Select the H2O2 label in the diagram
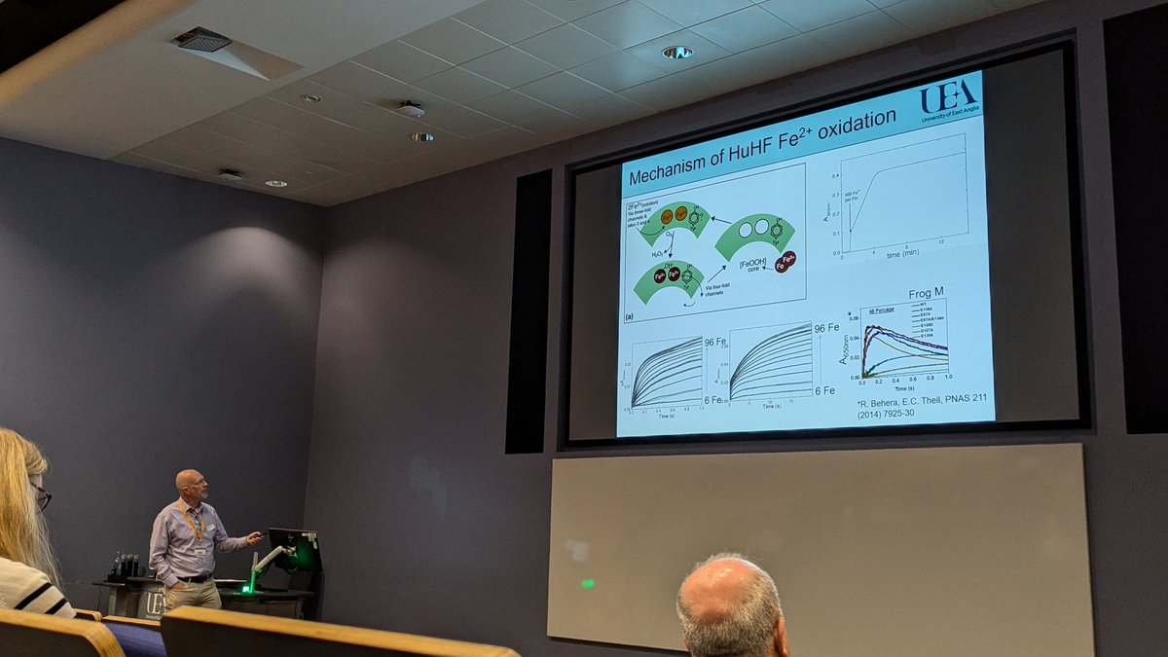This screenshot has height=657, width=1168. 657,252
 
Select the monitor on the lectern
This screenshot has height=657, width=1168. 295,549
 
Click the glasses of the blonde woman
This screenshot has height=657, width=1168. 42,496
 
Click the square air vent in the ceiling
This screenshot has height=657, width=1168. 202,40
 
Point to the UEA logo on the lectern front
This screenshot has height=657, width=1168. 152,604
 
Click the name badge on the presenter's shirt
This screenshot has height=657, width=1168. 201,550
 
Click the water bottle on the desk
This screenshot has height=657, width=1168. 118,565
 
